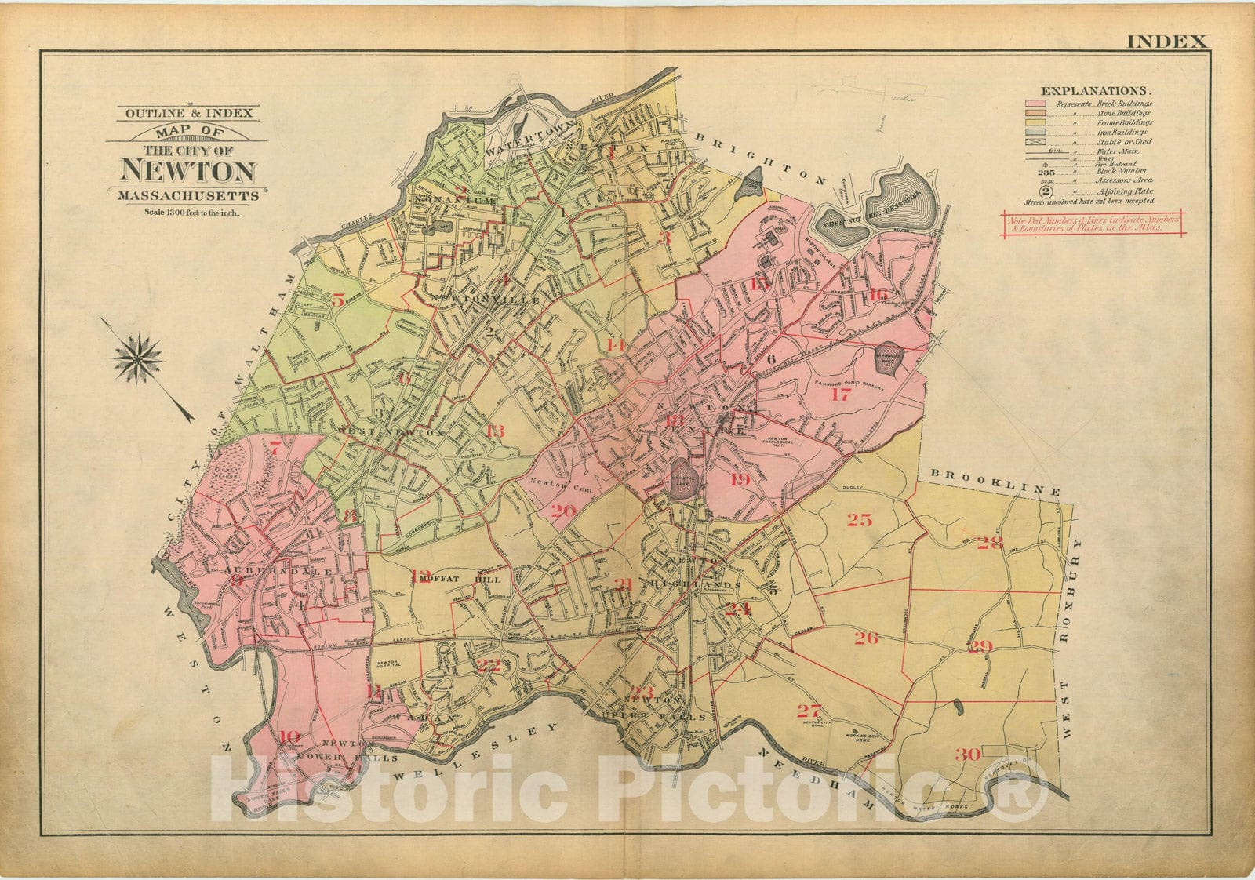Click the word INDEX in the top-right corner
click(x=1166, y=42)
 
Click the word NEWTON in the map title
click(x=188, y=172)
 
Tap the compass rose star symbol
click(x=138, y=358)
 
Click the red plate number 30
click(x=968, y=755)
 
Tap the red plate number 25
click(x=859, y=519)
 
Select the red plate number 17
click(x=840, y=395)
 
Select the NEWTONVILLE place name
click(x=485, y=300)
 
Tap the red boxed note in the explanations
click(x=1093, y=224)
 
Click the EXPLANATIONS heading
click(x=1095, y=91)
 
